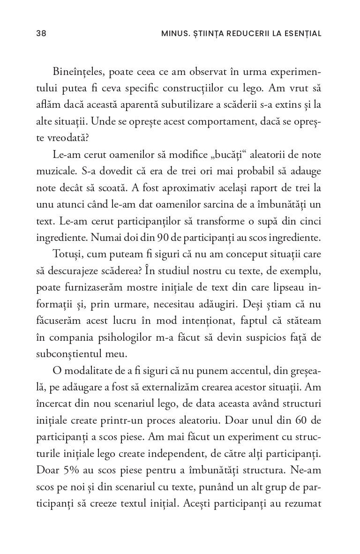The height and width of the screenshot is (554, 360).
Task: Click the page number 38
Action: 41,33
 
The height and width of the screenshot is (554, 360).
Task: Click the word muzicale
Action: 55,171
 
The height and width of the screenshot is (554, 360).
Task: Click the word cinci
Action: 309,221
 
